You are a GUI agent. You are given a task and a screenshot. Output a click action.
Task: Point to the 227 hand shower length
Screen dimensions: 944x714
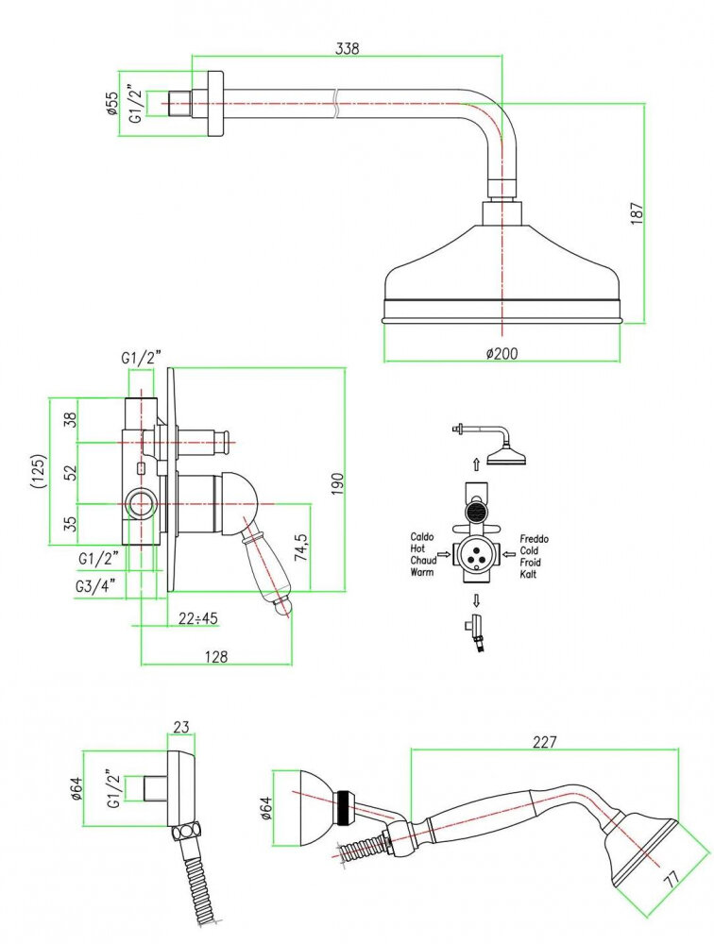545,742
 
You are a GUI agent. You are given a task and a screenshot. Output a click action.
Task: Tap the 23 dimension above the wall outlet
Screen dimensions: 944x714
182,727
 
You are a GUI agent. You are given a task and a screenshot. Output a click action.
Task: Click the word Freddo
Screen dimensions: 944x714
533,539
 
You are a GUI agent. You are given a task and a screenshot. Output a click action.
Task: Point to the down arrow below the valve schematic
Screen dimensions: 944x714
477,600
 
